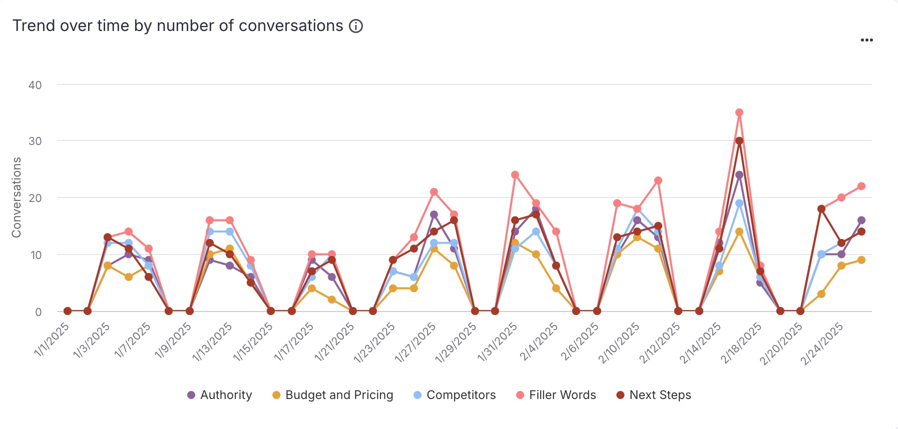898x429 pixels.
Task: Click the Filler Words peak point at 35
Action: coord(739,112)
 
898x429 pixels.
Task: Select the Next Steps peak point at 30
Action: coord(739,141)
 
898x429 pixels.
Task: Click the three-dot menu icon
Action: coord(866,40)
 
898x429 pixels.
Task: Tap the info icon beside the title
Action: coord(356,26)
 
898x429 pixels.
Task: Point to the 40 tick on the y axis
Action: coord(35,85)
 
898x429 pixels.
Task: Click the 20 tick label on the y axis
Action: coord(35,198)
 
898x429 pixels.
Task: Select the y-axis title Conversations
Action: coord(17,197)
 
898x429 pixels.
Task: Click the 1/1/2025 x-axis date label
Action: coord(52,340)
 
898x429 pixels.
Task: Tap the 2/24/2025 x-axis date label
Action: coord(821,344)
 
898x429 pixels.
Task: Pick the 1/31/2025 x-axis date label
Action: coord(497,342)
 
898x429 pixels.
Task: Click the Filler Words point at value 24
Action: coord(515,175)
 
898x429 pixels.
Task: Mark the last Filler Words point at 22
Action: coord(861,186)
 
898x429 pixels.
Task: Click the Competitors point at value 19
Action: coord(739,203)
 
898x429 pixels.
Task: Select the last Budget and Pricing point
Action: coord(861,260)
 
